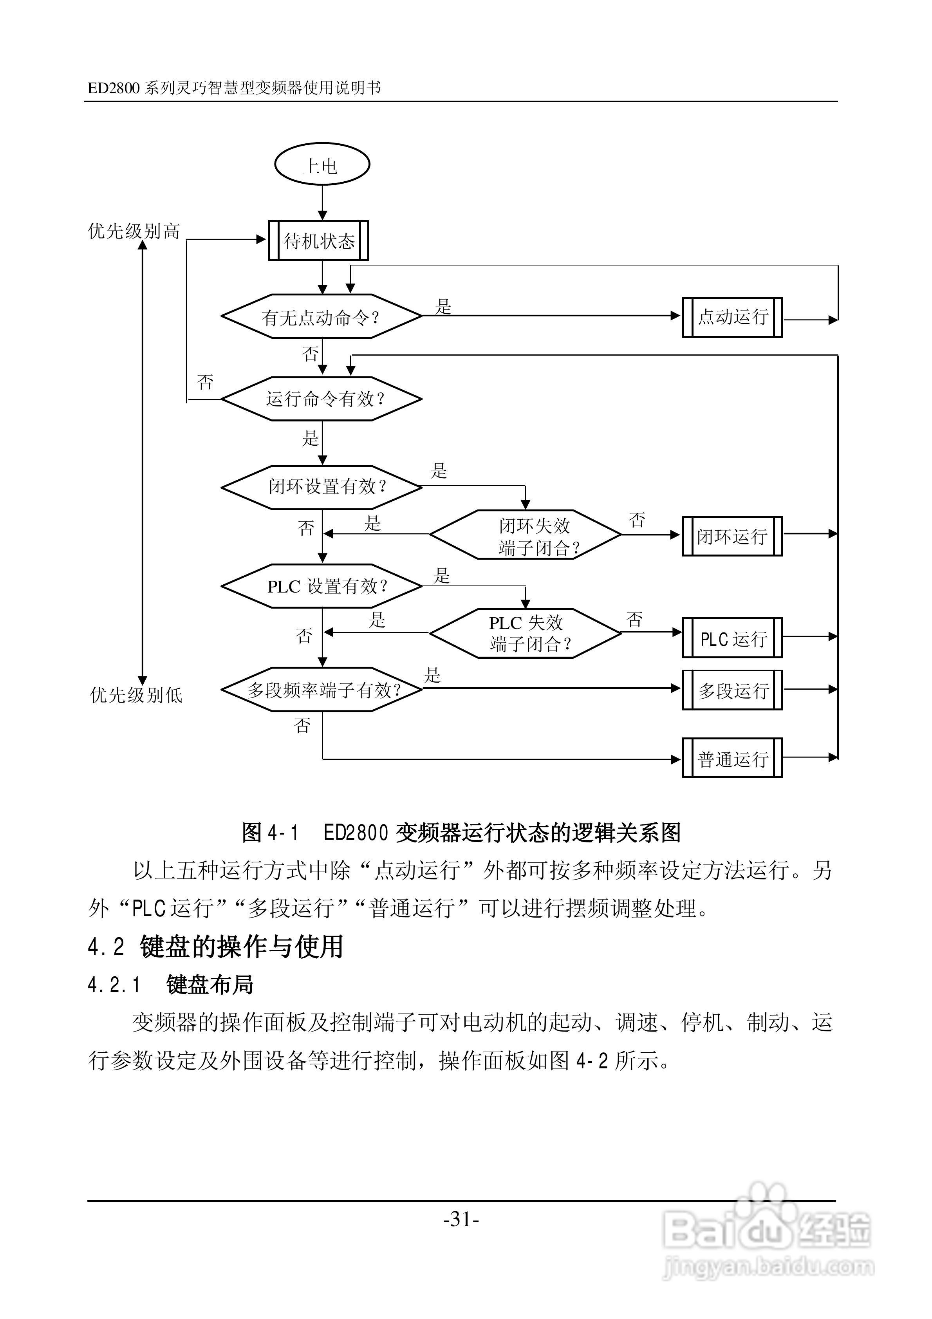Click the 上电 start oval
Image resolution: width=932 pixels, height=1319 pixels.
click(x=322, y=165)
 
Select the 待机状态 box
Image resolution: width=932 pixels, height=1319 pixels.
click(x=318, y=241)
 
